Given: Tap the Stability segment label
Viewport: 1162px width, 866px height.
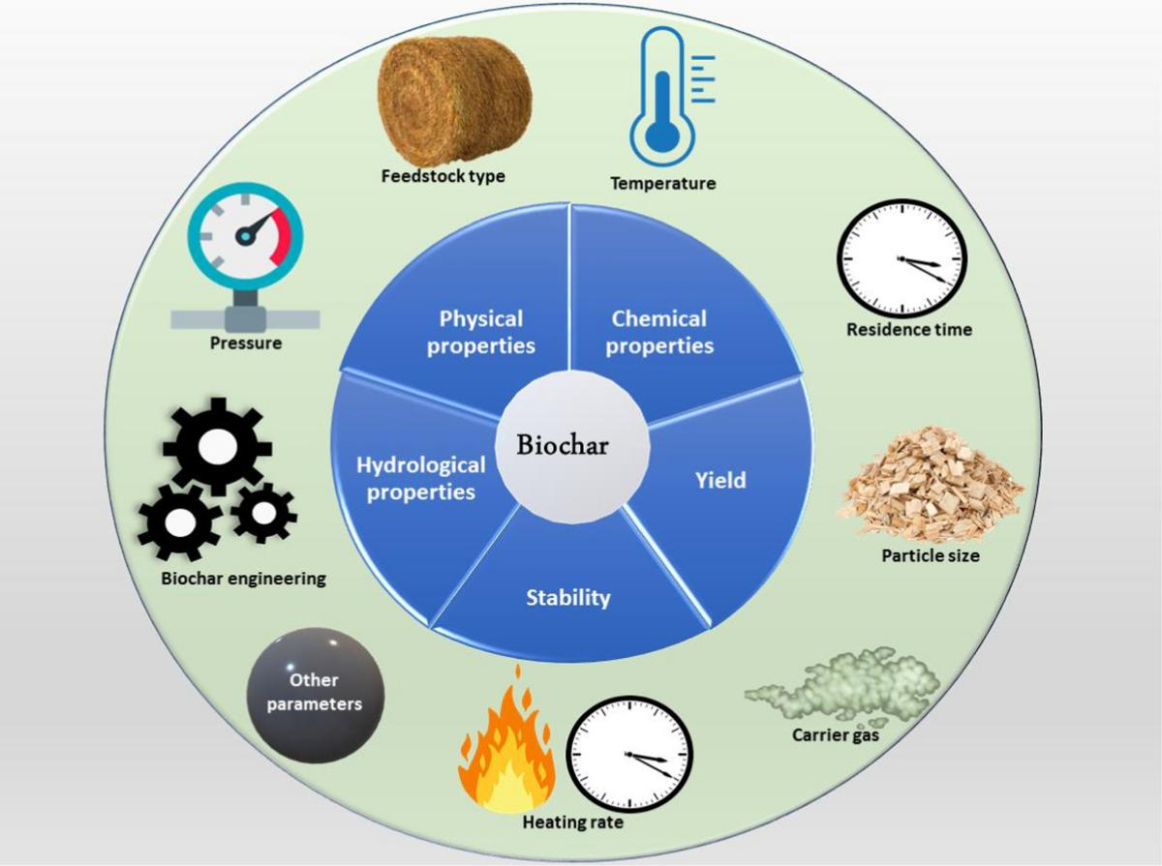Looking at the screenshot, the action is click(568, 597).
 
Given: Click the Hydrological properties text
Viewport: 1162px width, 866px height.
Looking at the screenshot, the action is click(421, 478).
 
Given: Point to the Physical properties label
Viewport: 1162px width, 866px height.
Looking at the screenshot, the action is click(480, 332).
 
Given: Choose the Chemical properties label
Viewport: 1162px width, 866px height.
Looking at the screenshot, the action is click(659, 332).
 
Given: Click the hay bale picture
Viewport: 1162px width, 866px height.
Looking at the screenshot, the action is click(454, 101).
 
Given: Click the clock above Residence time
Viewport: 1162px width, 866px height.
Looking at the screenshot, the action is click(902, 258).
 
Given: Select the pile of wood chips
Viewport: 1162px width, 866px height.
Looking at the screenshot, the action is click(931, 484).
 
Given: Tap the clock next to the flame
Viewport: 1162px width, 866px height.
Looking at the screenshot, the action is click(628, 755).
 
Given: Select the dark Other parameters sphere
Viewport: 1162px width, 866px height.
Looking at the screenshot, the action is click(316, 695).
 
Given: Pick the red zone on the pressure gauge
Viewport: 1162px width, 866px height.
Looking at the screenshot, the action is click(283, 236).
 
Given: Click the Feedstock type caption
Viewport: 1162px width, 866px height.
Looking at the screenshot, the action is click(443, 176).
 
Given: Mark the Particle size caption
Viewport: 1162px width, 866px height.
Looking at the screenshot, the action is click(931, 555).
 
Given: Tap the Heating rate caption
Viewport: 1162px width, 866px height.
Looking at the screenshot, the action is click(573, 822).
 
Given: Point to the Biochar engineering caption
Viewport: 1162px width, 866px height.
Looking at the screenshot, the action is click(243, 579).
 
